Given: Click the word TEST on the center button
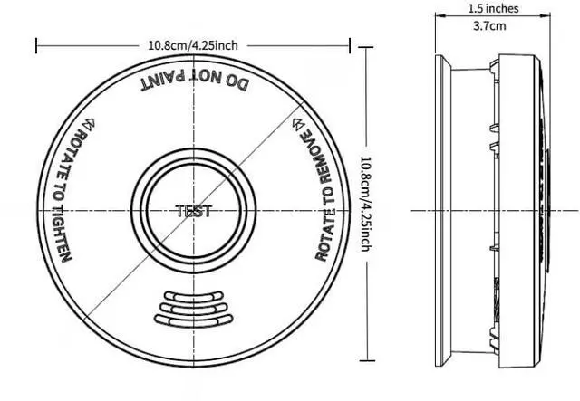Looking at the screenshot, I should [x=192, y=211].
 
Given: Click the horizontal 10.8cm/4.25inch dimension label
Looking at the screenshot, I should [x=192, y=44].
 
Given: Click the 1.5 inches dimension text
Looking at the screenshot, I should [x=493, y=8].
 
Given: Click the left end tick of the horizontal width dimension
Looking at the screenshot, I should [x=36, y=44].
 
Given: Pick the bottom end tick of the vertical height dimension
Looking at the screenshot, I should [x=365, y=358].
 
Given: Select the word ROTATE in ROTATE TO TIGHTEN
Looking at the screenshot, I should [x=79, y=150].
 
